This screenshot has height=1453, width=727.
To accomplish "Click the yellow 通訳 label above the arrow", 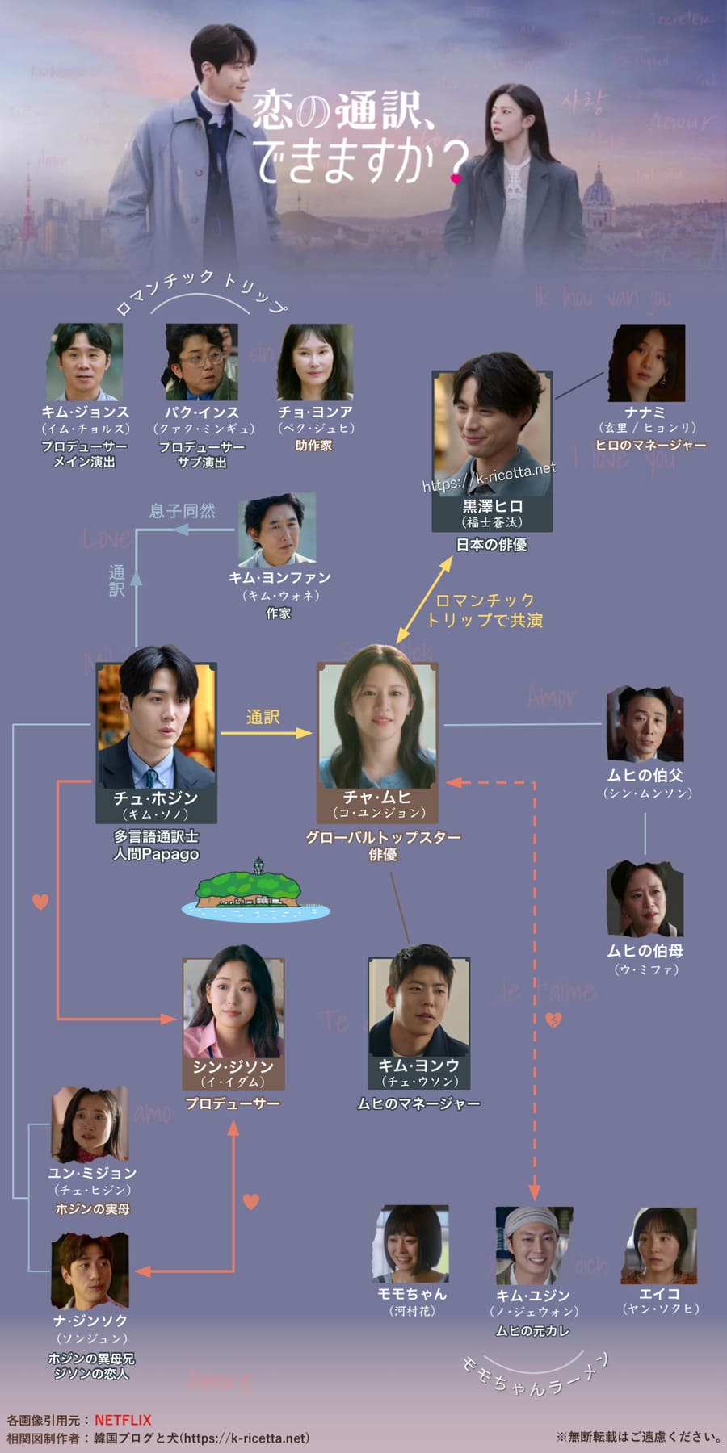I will point(263,717).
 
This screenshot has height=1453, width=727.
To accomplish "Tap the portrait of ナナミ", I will point(646,363).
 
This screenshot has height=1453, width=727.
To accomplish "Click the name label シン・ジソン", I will point(233,1066).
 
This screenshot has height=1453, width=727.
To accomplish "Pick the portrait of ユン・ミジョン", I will point(90,1124).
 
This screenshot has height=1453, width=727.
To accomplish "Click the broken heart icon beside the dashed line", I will point(553,1020).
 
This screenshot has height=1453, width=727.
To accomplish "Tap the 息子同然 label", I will point(183,511).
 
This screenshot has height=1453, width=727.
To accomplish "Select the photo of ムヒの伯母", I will point(645,898).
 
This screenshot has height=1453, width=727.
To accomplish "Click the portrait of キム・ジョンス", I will point(84,362).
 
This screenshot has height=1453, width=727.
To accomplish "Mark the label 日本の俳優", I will point(491,545).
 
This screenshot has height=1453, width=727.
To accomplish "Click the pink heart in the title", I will point(456,178).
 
